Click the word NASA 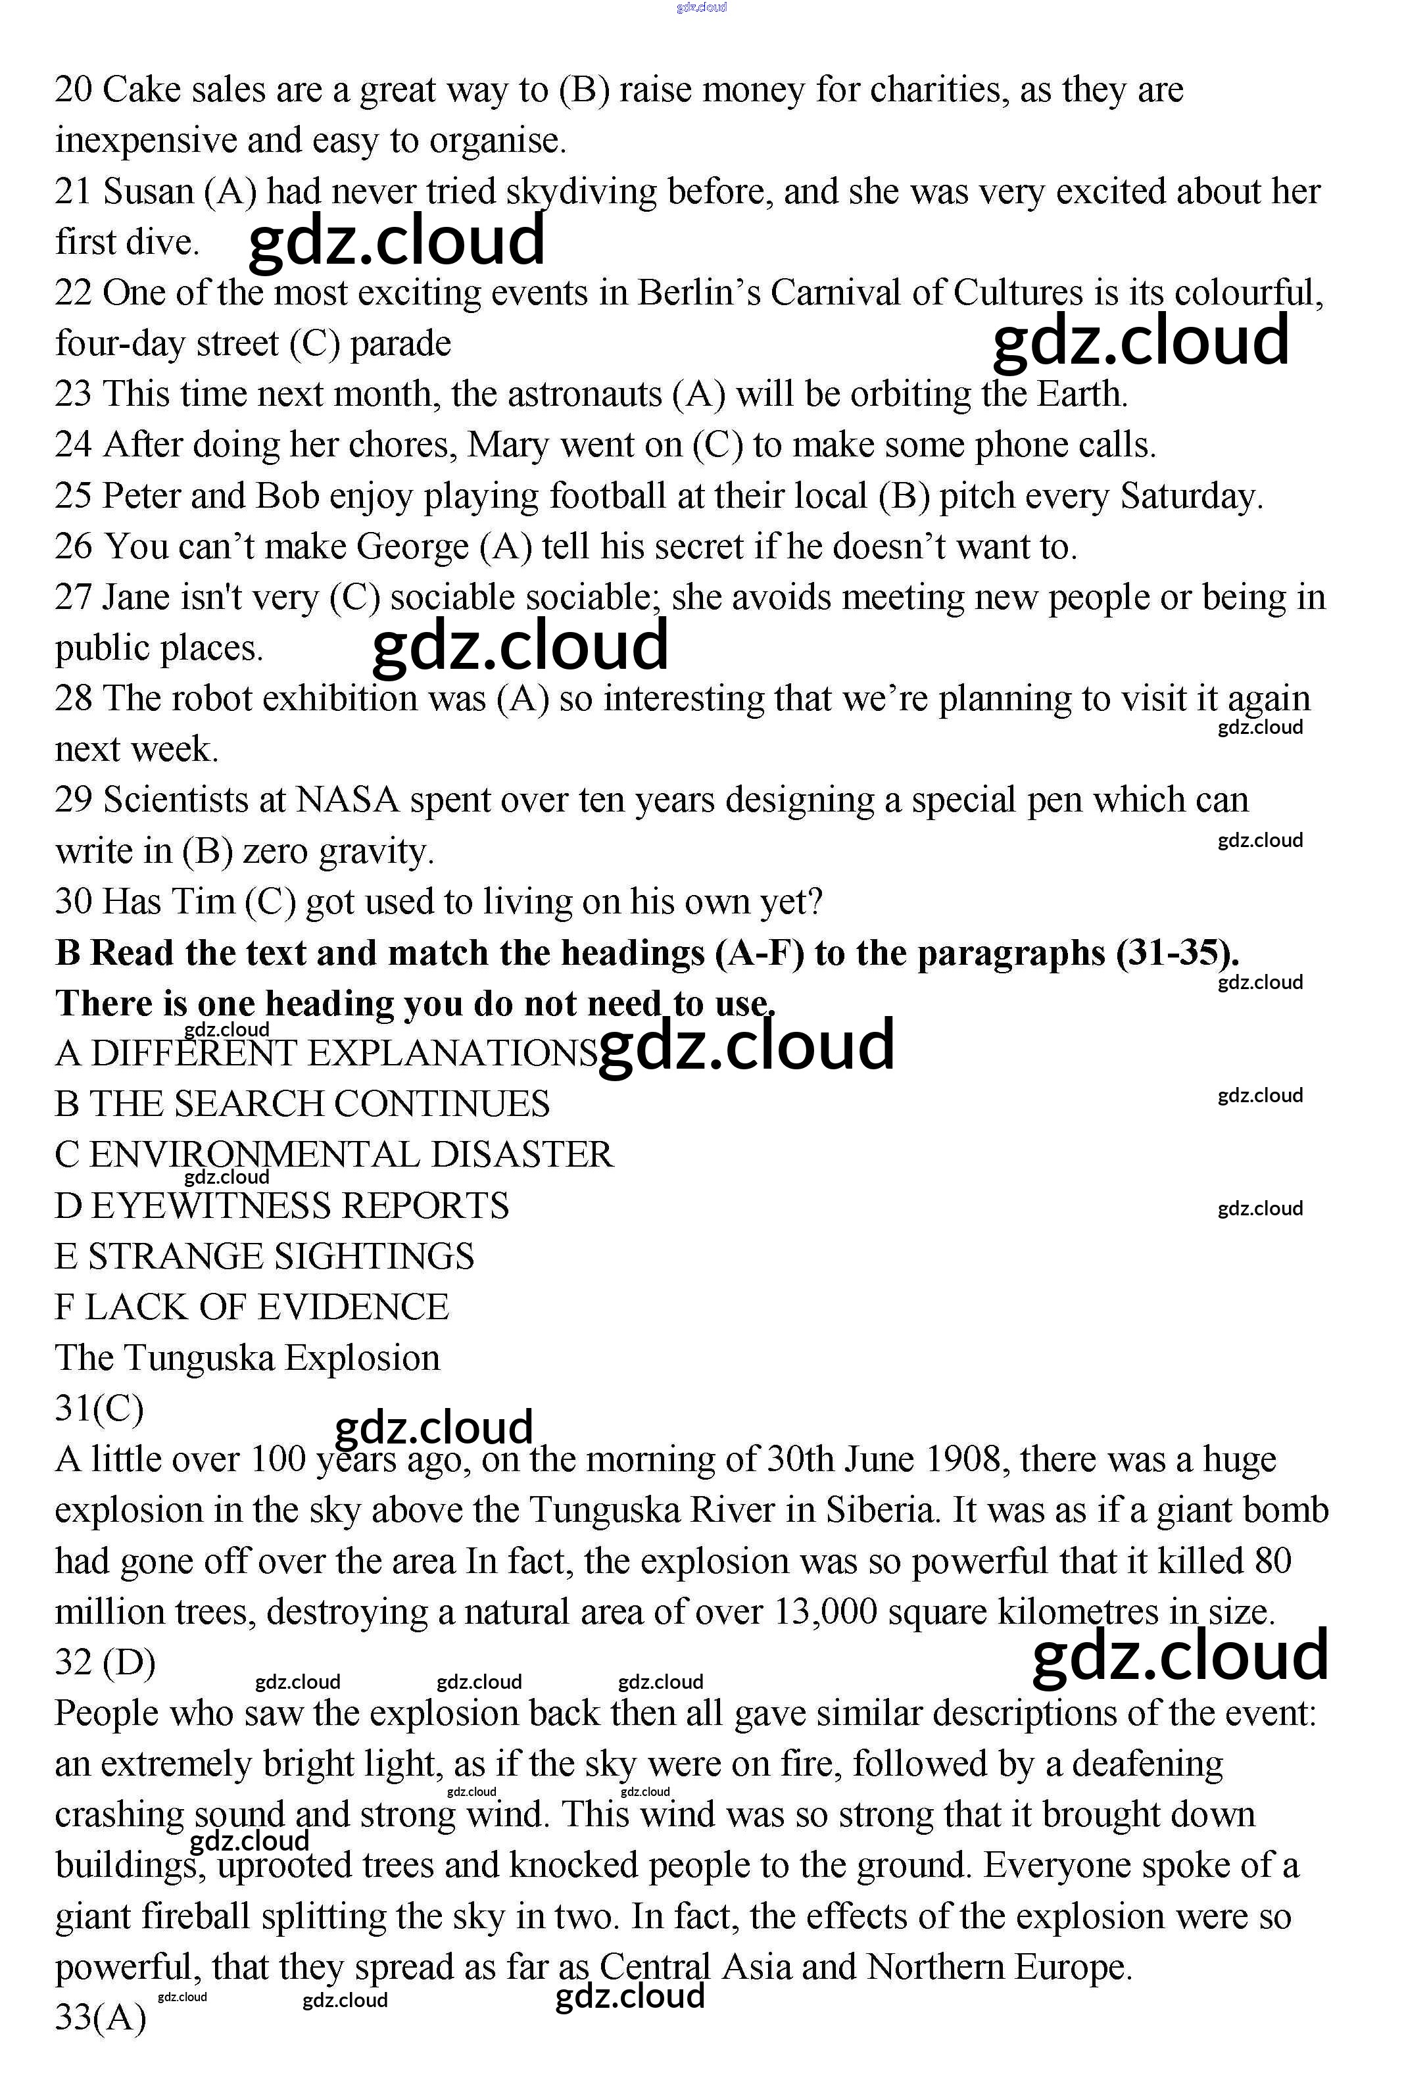[346, 800]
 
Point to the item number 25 [74, 496]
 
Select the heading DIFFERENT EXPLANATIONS [343, 1054]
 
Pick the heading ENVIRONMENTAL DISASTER [350, 1155]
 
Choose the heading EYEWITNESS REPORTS [299, 1206]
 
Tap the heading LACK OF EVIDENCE [266, 1308]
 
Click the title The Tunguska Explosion [247, 1358]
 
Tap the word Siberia [882, 1511]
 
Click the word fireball [201, 1917]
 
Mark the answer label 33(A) [100, 2018]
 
